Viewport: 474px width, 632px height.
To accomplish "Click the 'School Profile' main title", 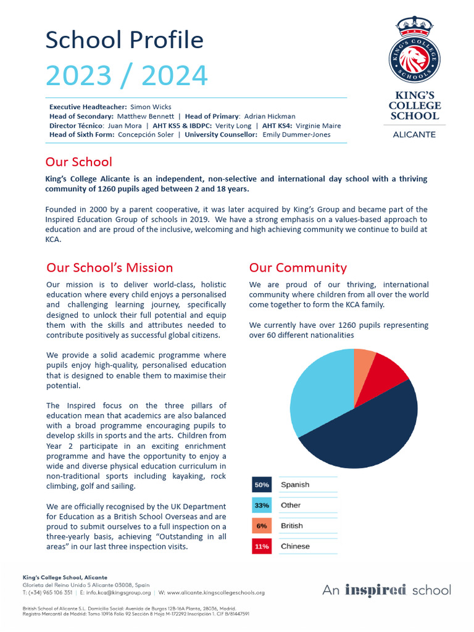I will [124, 40].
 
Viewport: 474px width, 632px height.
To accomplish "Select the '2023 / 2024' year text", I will [127, 76].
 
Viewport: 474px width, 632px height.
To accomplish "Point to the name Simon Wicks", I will [151, 107].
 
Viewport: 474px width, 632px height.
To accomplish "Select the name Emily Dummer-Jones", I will [296, 135].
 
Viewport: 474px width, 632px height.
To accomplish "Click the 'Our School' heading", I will [78, 162].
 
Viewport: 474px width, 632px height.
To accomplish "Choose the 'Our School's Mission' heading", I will [109, 268].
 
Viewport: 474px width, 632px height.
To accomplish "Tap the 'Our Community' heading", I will [297, 268].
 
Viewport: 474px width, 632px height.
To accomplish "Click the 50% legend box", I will [261, 484].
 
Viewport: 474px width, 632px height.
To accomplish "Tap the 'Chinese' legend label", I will [295, 546].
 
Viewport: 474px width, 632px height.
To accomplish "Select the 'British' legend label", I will [292, 526].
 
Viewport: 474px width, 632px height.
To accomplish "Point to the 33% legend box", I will [261, 505].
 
